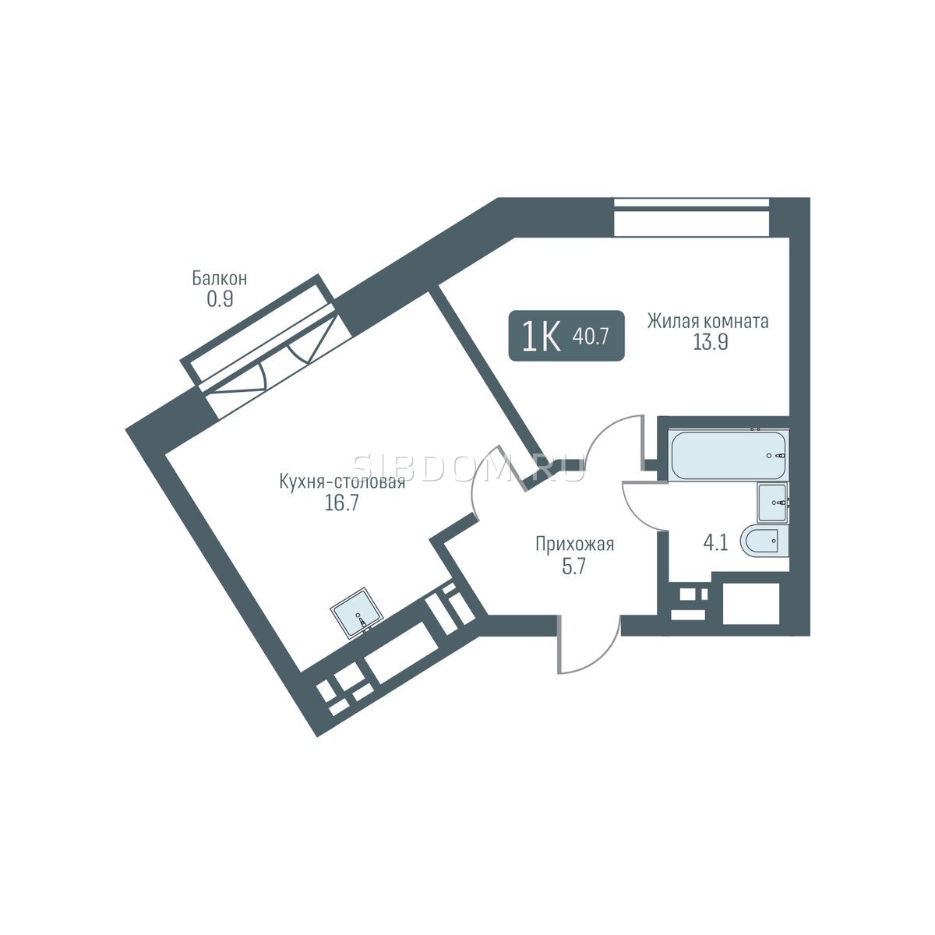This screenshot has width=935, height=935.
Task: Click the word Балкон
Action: tap(219, 278)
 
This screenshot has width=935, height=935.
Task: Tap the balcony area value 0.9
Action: tap(220, 300)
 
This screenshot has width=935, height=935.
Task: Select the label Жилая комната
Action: tap(708, 321)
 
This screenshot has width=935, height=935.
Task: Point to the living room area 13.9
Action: tap(711, 343)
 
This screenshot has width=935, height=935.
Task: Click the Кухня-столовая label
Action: tap(342, 482)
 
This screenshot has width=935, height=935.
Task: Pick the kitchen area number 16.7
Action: tap(341, 503)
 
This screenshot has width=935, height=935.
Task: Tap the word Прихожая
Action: tap(574, 545)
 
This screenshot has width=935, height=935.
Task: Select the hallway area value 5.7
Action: tap(574, 566)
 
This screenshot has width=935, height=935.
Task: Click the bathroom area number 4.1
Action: tap(716, 543)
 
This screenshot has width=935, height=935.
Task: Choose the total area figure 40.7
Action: tap(591, 337)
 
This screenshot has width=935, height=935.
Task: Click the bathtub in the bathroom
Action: tap(728, 455)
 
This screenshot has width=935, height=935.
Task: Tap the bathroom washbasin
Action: tap(774, 503)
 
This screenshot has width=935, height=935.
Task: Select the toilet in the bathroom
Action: tap(764, 539)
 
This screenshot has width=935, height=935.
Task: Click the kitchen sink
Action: tap(357, 612)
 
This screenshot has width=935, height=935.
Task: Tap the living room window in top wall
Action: tap(691, 217)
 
